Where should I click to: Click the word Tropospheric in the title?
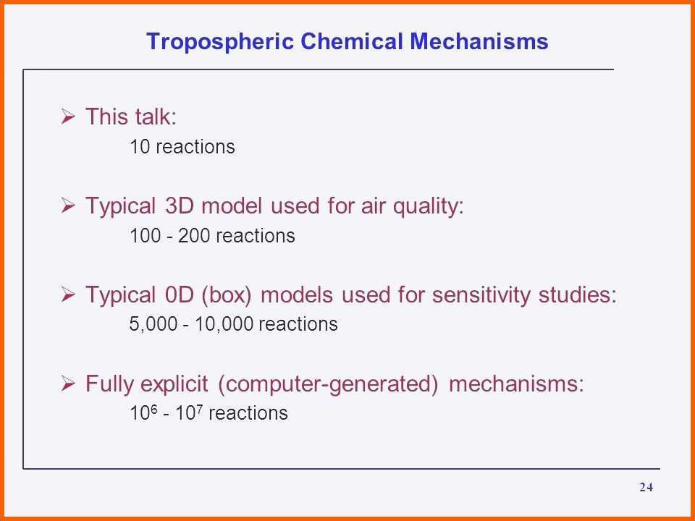[x=220, y=42]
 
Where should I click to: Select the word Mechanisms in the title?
[x=479, y=41]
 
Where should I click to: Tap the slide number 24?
[x=646, y=487]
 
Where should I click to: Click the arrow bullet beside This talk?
[x=68, y=117]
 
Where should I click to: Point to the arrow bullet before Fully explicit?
[x=68, y=384]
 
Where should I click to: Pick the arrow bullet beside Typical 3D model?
[x=68, y=206]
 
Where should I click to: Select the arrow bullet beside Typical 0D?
[x=68, y=295]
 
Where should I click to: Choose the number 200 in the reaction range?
[x=194, y=235]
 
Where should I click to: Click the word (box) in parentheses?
[x=226, y=295]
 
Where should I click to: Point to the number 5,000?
[x=153, y=324]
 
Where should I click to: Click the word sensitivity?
[x=481, y=295]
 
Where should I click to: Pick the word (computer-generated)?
[x=328, y=384]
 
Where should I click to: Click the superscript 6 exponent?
[x=153, y=407]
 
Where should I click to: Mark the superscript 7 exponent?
[x=199, y=407]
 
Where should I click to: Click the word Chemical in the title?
[x=352, y=41]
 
